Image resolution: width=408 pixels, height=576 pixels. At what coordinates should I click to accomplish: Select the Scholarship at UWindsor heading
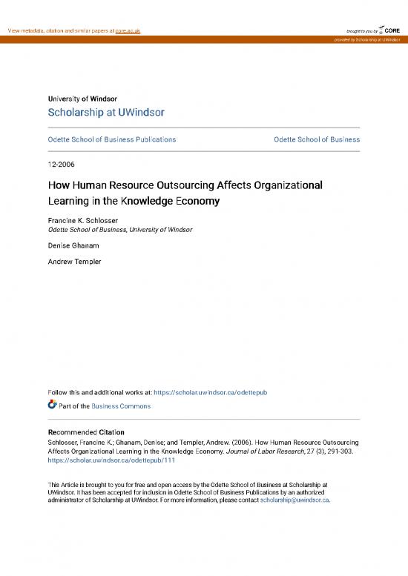click(x=106, y=113)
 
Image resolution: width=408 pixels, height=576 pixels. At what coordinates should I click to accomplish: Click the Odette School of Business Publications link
click(x=111, y=139)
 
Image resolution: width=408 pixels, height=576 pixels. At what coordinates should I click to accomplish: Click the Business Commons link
click(x=121, y=406)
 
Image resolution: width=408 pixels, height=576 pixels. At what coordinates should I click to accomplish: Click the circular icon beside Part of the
click(x=52, y=405)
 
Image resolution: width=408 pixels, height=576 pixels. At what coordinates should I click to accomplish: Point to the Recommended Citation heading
click(x=86, y=432)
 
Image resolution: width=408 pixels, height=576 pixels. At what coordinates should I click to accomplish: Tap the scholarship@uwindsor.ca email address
click(x=295, y=500)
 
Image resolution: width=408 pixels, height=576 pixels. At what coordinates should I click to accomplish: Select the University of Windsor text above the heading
click(x=82, y=99)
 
